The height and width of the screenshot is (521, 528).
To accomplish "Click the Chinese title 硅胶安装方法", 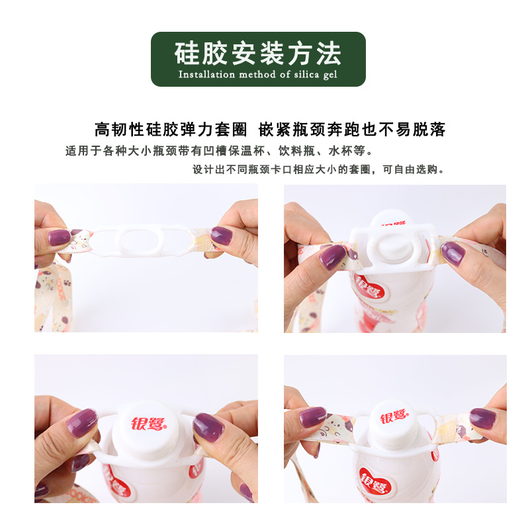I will click(x=258, y=52).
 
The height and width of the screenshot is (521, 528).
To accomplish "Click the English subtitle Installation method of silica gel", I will click(x=258, y=75).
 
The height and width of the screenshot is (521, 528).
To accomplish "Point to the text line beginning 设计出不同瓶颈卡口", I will click(x=318, y=169).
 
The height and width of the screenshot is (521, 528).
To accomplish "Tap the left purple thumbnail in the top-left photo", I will click(x=59, y=237).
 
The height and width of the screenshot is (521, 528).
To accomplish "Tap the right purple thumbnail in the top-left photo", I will click(x=221, y=236).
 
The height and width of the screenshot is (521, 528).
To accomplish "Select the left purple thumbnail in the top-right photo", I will click(x=332, y=257).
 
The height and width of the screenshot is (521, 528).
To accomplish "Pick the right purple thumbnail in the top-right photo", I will click(x=453, y=254).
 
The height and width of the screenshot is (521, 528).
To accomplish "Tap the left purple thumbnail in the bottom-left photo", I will click(x=82, y=422).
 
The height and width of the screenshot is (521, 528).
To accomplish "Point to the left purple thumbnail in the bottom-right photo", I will click(x=312, y=417).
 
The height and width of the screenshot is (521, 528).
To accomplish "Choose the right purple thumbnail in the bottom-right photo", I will click(x=482, y=418).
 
